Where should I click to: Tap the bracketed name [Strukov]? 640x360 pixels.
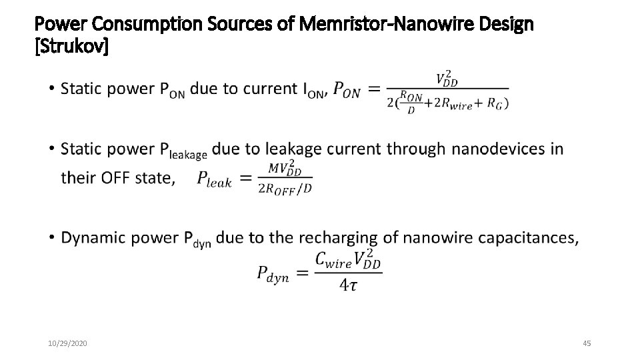[71, 47]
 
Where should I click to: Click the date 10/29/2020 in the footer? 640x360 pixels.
[68, 343]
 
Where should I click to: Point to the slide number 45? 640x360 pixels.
[587, 343]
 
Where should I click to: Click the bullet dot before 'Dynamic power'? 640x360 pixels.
[52, 238]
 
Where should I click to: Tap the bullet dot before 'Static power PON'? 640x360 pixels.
[52, 88]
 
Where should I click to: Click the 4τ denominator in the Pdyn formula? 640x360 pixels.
[347, 285]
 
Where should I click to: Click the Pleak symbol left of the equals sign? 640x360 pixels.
[214, 179]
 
